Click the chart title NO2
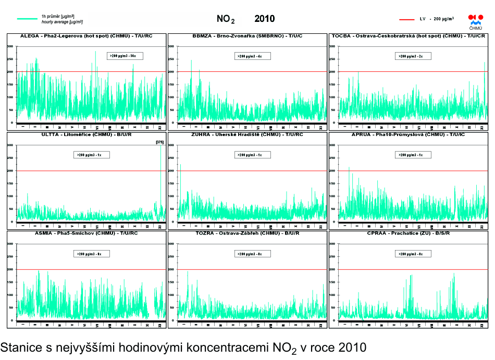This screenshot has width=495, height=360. click(225, 19)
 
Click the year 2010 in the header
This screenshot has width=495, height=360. click(264, 19)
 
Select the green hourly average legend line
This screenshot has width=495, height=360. click(28, 19)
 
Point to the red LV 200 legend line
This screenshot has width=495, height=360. click(406, 19)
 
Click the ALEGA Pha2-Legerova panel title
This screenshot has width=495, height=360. click(86, 36)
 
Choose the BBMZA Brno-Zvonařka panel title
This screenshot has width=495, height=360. click(247, 36)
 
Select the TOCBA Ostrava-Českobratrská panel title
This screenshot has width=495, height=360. click(409, 36)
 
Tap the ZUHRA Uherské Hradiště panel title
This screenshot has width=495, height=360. click(247, 134)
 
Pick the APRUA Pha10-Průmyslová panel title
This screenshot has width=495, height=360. click(408, 134)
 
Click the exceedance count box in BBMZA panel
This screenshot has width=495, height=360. click(250, 55)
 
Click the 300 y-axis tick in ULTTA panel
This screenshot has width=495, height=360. click(10, 145)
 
